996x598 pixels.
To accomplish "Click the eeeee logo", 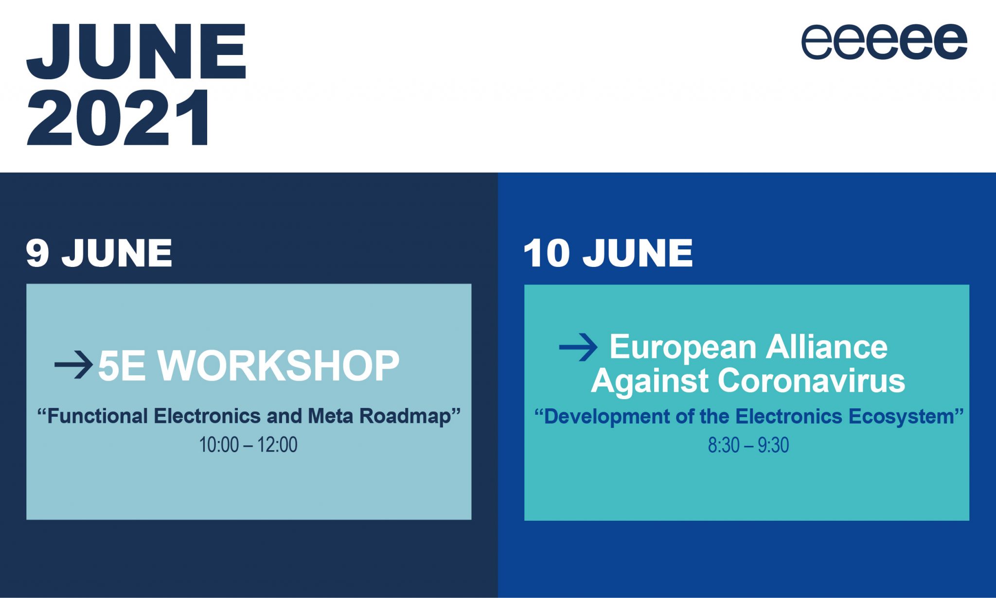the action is (x=884, y=42).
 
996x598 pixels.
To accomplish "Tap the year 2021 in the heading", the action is (x=119, y=118).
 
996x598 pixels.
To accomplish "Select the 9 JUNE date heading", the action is (x=99, y=253).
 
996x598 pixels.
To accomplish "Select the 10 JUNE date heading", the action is (x=608, y=253).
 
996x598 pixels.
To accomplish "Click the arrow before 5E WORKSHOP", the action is (x=73, y=364).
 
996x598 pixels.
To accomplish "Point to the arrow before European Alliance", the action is (x=578, y=347).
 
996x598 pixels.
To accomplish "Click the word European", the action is (x=683, y=348).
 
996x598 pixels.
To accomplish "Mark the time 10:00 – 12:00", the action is (x=248, y=445).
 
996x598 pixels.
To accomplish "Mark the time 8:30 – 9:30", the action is (x=748, y=445).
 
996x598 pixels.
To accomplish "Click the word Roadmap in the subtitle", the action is (x=405, y=417).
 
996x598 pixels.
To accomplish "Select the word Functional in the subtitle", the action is (x=97, y=416).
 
